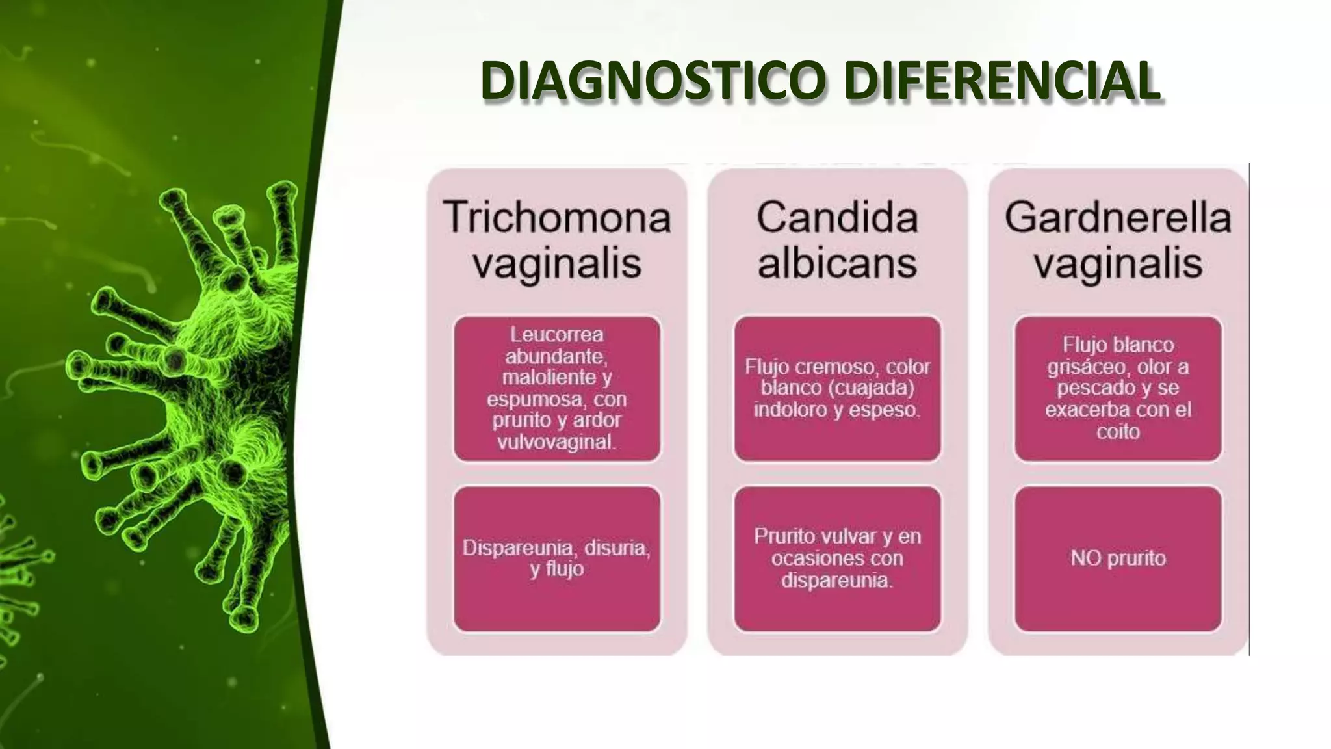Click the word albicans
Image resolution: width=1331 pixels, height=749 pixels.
click(837, 263)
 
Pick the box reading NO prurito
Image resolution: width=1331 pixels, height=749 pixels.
click(1118, 558)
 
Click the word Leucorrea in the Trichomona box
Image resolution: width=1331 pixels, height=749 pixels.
click(556, 334)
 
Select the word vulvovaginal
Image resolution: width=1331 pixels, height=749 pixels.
click(556, 442)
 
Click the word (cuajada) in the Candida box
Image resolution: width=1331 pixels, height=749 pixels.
click(874, 388)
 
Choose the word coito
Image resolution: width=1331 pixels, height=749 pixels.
click(1118, 432)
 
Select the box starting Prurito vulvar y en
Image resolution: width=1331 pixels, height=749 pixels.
click(837, 558)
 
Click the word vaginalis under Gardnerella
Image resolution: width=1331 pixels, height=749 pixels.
click(1118, 263)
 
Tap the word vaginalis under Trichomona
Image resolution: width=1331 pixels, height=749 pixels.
click(557, 263)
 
